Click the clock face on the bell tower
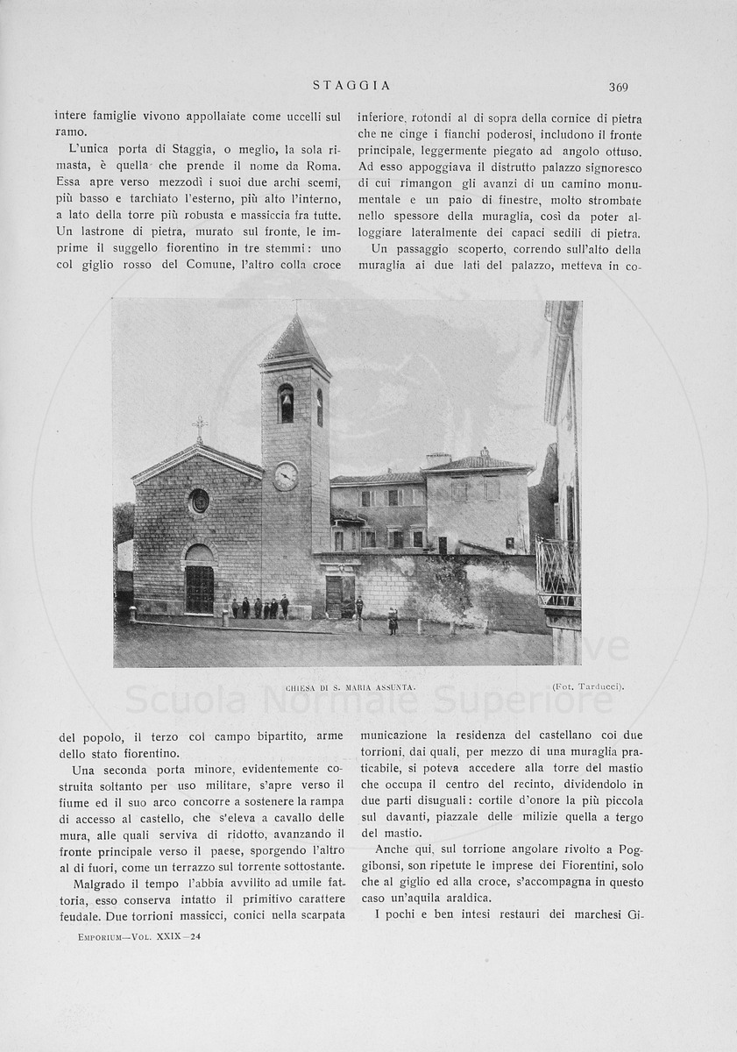(285, 475)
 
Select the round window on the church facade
(199, 501)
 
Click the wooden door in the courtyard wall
(335, 596)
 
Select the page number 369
(619, 87)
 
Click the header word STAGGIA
(351, 86)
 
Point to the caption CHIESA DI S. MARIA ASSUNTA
(350, 688)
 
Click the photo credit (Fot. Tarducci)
(588, 687)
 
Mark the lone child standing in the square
(393, 622)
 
